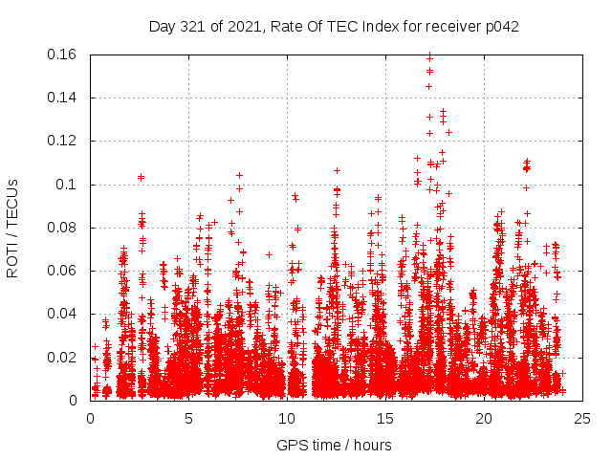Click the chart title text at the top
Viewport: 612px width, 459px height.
pyautogui.click(x=334, y=27)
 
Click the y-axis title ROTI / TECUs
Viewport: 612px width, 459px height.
pyautogui.click(x=13, y=228)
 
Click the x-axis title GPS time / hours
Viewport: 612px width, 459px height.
pyautogui.click(x=334, y=445)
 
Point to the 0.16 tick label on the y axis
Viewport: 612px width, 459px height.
pyautogui.click(x=63, y=55)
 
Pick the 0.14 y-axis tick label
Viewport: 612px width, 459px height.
pyautogui.click(x=63, y=98)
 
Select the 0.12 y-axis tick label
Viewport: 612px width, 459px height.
pyautogui.click(x=63, y=141)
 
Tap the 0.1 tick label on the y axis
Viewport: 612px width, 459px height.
pyautogui.click(x=68, y=185)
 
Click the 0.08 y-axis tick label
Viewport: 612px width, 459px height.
pyautogui.click(x=63, y=228)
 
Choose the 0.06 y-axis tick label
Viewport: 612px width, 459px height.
pyautogui.click(x=63, y=271)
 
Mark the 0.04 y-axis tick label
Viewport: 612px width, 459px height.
pyautogui.click(x=63, y=314)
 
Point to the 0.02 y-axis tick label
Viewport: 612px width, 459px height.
pyautogui.click(x=63, y=358)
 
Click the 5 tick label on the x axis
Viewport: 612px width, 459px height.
pyautogui.click(x=188, y=418)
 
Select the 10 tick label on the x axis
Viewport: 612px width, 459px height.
pyautogui.click(x=287, y=418)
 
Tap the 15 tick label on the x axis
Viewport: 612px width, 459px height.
pyautogui.click(x=385, y=418)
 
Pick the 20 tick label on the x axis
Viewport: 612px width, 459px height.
pyautogui.click(x=484, y=418)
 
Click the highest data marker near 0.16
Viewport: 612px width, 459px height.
pyautogui.click(x=429, y=56)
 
